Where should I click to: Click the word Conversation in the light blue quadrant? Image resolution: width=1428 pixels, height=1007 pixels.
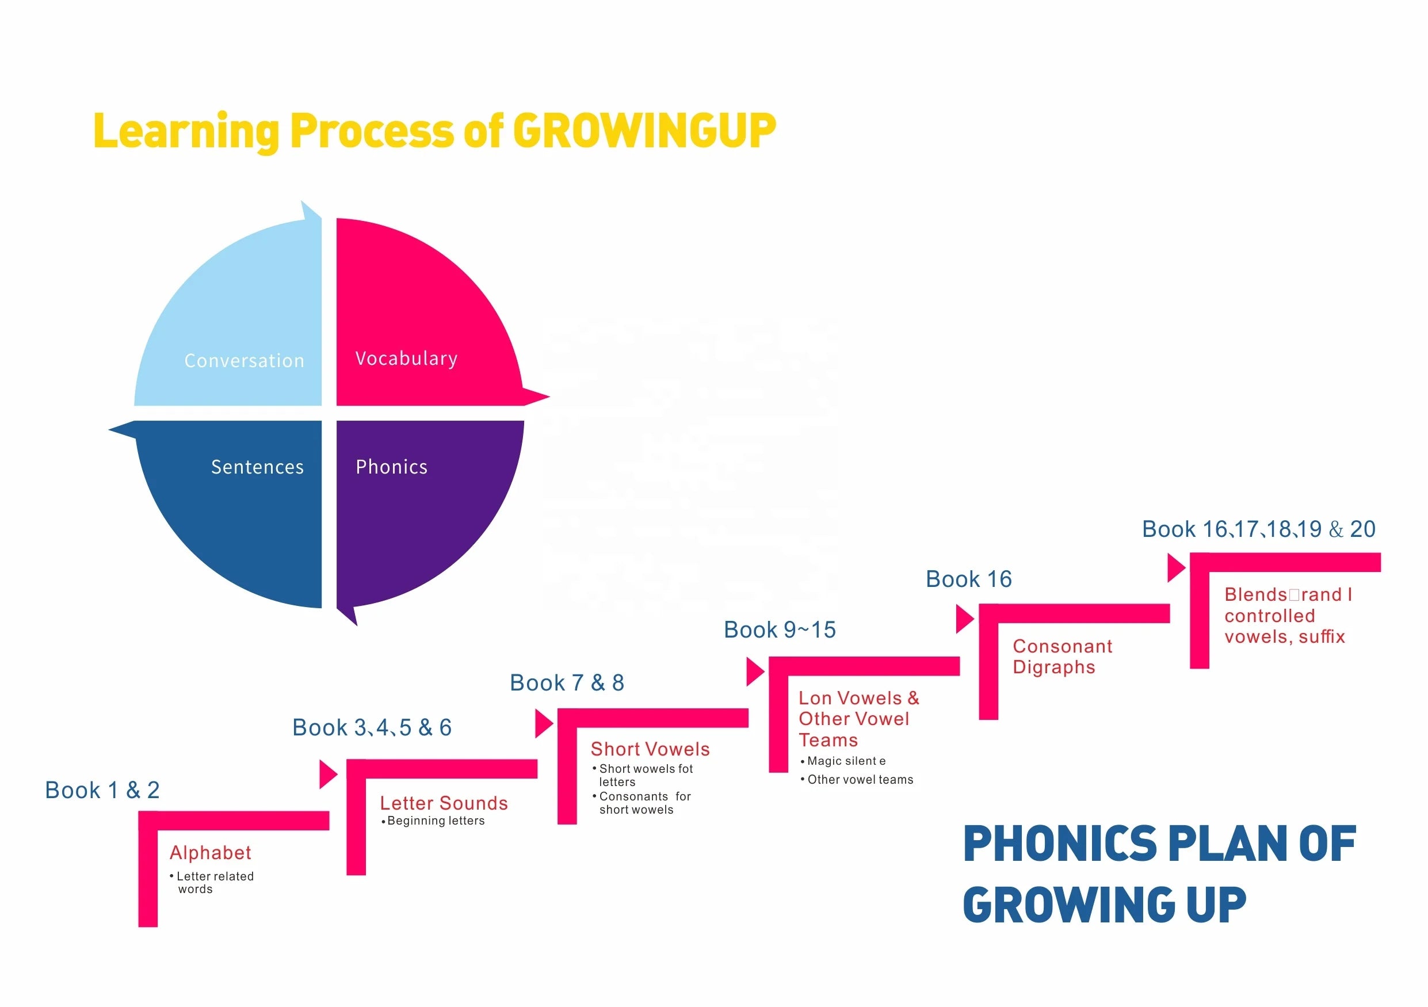coord(245,361)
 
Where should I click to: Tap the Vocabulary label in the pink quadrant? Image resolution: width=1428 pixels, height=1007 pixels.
coord(406,359)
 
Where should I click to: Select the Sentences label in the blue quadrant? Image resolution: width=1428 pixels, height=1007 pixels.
coord(258,467)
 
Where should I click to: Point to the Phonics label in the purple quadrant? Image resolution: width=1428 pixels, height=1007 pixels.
coord(392,467)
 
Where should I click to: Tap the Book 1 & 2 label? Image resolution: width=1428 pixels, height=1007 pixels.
coord(102,790)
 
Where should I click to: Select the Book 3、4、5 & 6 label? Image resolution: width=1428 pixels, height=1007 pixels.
coord(372,727)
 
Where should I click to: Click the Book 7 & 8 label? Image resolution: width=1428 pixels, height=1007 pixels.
coord(567,682)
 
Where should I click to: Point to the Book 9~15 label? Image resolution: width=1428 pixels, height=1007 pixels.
coord(780,630)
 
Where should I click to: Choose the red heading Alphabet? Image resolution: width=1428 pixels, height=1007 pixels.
coord(210,852)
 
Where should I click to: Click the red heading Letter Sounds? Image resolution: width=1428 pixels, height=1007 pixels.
coord(444,803)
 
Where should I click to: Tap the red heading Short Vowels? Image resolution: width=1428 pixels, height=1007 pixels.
coord(650,749)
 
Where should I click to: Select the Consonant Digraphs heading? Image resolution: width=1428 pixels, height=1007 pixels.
coord(1062,656)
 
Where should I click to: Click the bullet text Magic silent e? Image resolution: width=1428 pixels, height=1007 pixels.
coord(846,761)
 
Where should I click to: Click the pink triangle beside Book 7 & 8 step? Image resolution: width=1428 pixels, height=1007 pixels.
coord(543,723)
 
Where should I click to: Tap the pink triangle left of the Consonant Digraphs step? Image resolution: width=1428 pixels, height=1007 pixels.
coord(964,619)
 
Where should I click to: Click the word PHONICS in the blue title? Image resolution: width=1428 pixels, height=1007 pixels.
coord(1060,844)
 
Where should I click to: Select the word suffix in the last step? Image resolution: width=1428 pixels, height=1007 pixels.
coord(1322,636)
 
